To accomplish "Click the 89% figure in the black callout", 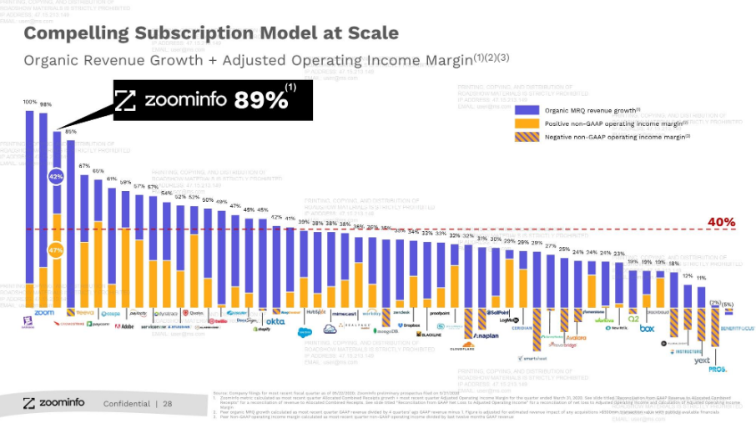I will (x=260, y=100).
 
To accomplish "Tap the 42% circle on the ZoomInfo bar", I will (x=56, y=177).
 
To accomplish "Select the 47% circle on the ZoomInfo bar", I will (x=56, y=249).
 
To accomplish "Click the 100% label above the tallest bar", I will (x=30, y=102).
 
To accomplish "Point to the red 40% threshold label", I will (x=721, y=222).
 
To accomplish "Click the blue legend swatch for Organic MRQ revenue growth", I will (x=528, y=110).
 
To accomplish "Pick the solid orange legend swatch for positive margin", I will (x=528, y=123).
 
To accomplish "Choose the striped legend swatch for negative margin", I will (x=528, y=136).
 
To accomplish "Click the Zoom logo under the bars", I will (x=43, y=313).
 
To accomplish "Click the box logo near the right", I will (x=647, y=328).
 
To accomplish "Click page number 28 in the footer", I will (x=167, y=404).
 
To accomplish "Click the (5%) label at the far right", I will (x=728, y=304).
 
